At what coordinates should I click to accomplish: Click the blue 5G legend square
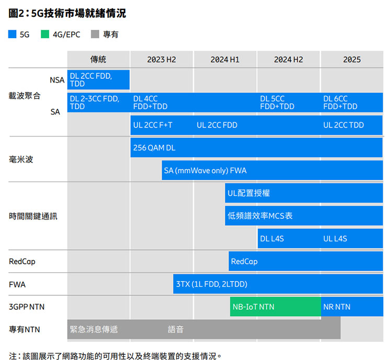(13, 34)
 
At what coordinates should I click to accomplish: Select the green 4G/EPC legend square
(44, 34)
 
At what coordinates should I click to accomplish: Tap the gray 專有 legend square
(95, 34)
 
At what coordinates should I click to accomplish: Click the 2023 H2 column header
(162, 60)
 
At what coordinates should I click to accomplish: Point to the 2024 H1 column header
(225, 60)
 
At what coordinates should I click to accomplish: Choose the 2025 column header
(352, 60)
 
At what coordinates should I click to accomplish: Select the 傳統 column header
(98, 60)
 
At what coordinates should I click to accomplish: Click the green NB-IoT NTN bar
(275, 307)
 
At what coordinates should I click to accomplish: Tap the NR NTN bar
(352, 307)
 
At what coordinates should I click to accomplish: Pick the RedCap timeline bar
(305, 261)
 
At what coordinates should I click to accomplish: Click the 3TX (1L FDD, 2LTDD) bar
(278, 284)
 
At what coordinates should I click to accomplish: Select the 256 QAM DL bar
(256, 148)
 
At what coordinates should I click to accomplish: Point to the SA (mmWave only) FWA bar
(272, 170)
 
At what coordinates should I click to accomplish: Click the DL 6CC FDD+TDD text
(340, 102)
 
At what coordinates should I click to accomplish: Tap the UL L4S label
(335, 238)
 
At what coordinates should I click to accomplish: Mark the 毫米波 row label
(21, 159)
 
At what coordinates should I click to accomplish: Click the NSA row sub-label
(57, 80)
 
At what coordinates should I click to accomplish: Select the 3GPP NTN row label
(27, 307)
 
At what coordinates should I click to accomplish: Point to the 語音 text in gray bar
(176, 329)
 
